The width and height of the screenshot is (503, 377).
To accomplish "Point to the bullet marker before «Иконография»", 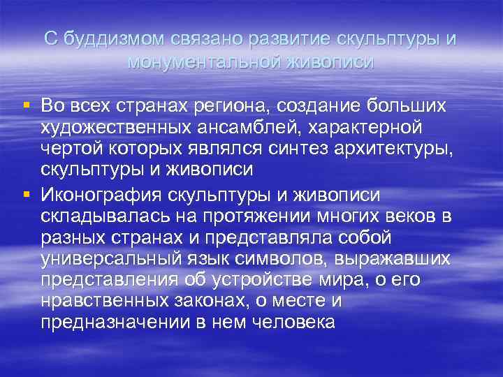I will (x=26, y=193).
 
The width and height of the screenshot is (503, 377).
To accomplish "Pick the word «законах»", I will (x=215, y=301).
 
